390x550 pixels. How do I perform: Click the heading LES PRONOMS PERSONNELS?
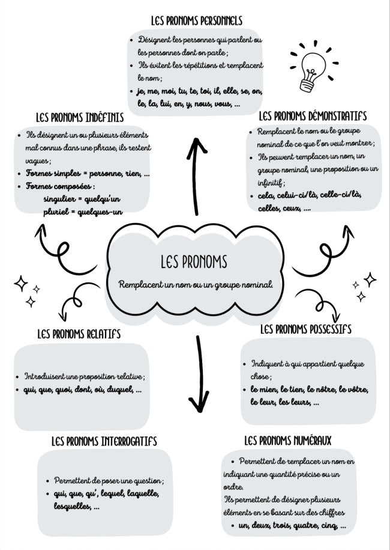197,20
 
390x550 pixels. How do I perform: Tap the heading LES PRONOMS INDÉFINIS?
80,117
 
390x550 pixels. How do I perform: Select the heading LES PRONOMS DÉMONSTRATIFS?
313,116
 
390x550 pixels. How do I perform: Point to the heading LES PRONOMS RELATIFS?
79,334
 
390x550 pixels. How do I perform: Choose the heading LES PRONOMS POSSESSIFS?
305,329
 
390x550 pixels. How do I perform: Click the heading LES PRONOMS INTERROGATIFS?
104,441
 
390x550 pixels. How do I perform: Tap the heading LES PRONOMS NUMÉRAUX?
288,440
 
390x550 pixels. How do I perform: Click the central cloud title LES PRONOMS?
194,261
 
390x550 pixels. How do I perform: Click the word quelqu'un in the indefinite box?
103,199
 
